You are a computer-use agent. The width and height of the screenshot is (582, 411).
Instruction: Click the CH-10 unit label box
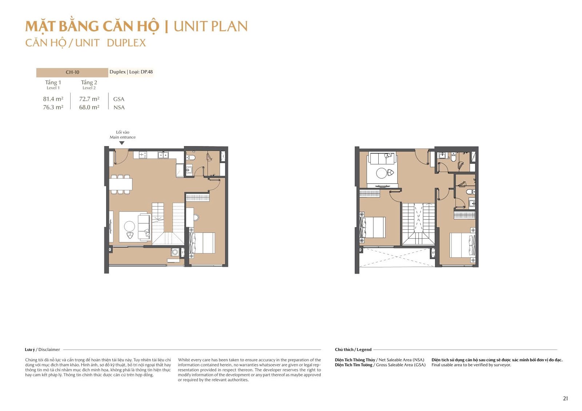coord(72,72)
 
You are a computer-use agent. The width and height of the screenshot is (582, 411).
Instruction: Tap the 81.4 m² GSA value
coord(53,99)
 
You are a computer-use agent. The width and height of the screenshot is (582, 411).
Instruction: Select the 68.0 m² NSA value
coord(89,107)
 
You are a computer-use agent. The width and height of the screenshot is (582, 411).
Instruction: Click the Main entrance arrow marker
coord(121,143)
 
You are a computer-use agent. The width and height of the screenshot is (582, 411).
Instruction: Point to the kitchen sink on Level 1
coord(163,155)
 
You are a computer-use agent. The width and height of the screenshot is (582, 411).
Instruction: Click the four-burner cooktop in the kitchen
coord(143,155)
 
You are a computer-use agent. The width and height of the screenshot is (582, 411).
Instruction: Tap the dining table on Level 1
coord(120,184)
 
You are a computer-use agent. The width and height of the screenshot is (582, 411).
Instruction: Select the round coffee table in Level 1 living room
coord(129,226)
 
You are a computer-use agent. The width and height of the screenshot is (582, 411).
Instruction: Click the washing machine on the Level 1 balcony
coord(175,252)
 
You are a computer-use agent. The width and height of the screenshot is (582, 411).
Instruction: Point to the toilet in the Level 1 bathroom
coord(191,157)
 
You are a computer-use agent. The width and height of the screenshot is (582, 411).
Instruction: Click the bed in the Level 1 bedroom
coord(202,243)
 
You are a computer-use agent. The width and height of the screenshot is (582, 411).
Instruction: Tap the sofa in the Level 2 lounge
coord(382,158)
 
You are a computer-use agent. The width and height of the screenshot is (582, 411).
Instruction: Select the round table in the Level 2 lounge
coord(382,173)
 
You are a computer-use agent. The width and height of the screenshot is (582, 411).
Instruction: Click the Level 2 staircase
coord(418,224)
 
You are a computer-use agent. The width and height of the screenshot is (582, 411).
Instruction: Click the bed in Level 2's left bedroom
coord(372,227)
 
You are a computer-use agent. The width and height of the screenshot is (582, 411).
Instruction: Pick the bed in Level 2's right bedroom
coord(463,245)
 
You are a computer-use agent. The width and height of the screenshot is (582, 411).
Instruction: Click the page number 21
coord(566,398)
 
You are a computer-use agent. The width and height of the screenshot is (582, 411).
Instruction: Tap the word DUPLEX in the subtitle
coord(126,43)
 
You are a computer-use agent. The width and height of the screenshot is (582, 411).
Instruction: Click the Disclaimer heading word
coord(49,350)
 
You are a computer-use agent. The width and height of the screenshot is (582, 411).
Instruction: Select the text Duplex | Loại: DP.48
coord(131,72)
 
